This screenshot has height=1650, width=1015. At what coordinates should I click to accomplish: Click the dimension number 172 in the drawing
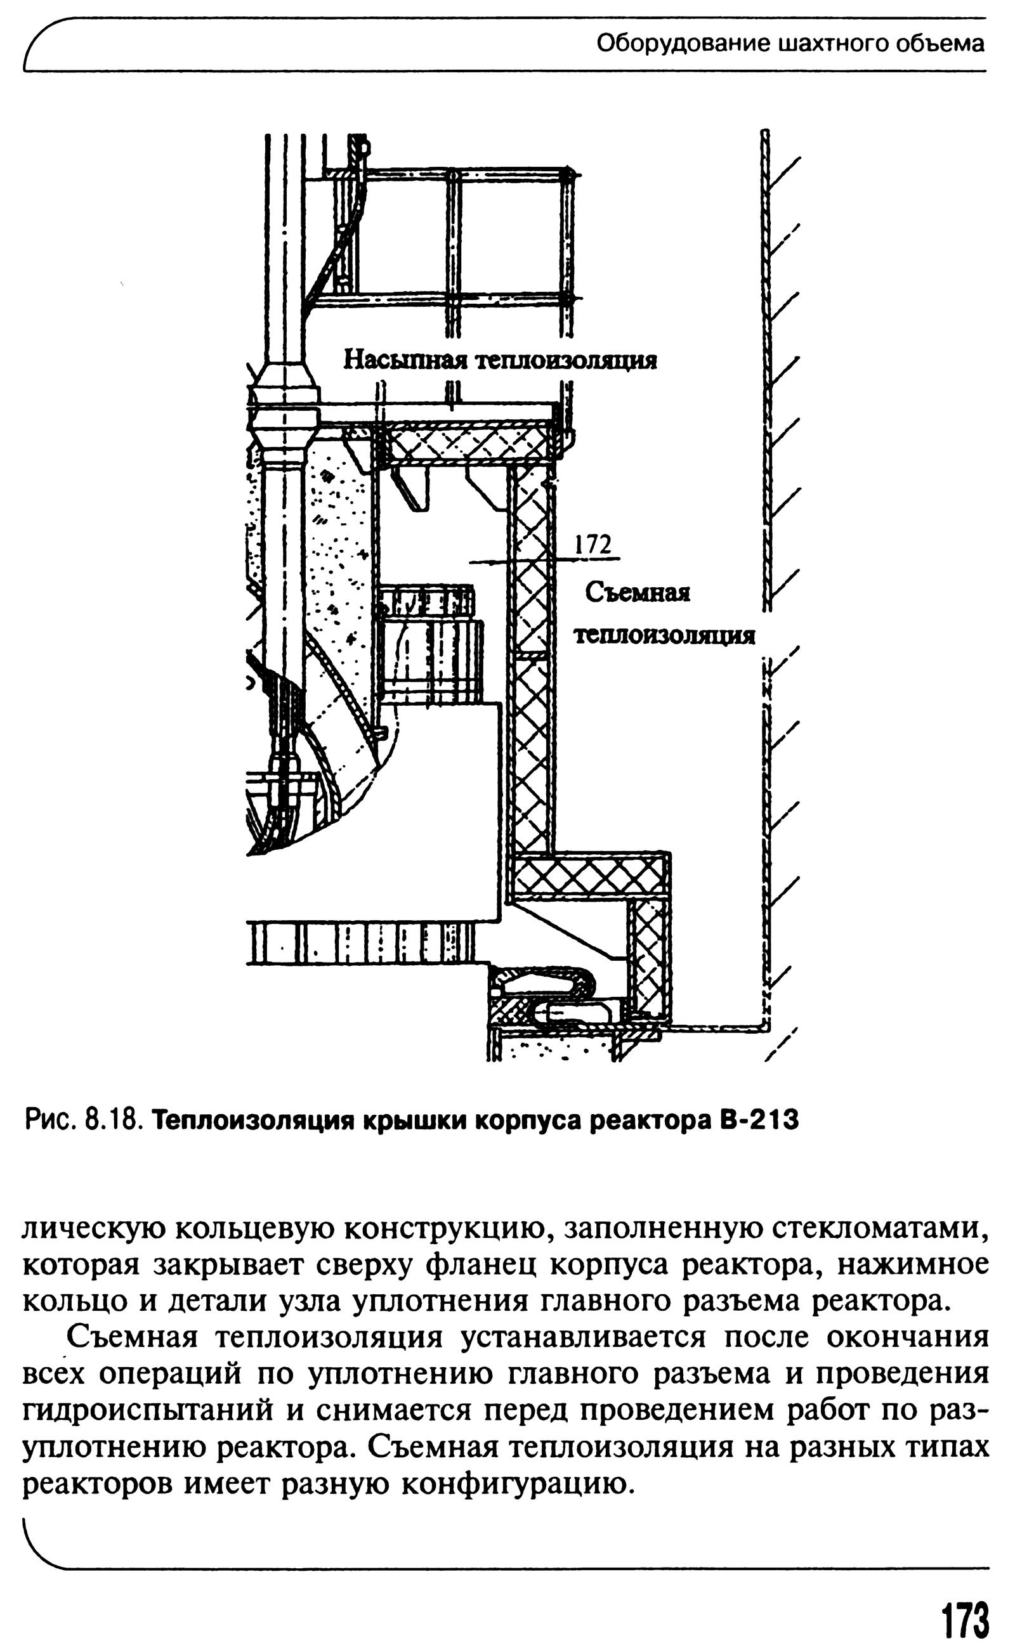tap(595, 544)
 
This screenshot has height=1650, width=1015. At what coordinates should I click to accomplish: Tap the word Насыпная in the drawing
tap(405, 360)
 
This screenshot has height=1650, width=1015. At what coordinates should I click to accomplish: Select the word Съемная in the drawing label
tap(637, 592)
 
